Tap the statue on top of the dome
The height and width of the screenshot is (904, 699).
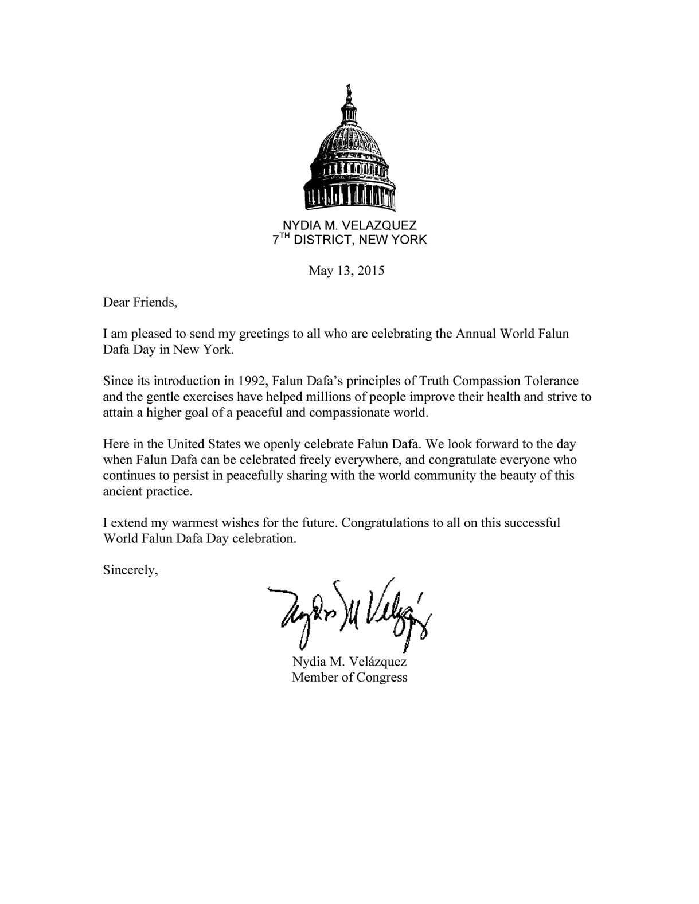pyautogui.click(x=347, y=92)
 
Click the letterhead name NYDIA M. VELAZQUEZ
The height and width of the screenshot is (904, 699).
pyautogui.click(x=350, y=226)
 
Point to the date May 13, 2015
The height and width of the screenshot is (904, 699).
pyautogui.click(x=346, y=271)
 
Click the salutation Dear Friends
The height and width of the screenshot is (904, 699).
pyautogui.click(x=140, y=302)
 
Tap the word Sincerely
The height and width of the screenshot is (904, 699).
pyautogui.click(x=130, y=570)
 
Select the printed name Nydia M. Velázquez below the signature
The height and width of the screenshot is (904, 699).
pyautogui.click(x=349, y=662)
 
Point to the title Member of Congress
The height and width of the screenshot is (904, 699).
pyautogui.click(x=349, y=678)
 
